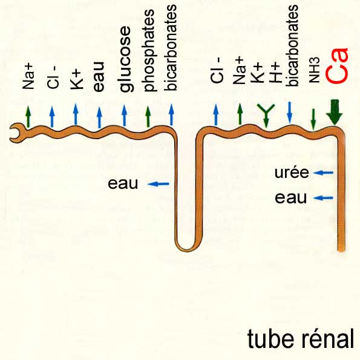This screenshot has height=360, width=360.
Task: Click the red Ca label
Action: (338, 65)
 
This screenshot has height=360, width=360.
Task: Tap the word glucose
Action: (126, 59)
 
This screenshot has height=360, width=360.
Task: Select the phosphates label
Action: (149, 50)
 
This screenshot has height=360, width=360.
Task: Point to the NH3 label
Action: (314, 70)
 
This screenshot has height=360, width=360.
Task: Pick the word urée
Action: (292, 172)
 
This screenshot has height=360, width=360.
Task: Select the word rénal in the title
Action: (326, 339)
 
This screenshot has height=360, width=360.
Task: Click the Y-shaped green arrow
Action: (266, 114)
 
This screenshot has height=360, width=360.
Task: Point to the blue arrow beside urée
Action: (323, 172)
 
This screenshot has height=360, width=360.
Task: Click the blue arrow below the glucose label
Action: (124, 115)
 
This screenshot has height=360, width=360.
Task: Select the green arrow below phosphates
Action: (148, 116)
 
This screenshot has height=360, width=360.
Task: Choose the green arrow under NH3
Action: (313, 119)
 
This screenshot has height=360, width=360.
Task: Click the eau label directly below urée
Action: (290, 198)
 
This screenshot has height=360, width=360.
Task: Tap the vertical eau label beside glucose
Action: (99, 77)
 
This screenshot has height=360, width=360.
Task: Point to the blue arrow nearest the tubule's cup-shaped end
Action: (52, 116)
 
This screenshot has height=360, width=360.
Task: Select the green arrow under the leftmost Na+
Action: (28, 117)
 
